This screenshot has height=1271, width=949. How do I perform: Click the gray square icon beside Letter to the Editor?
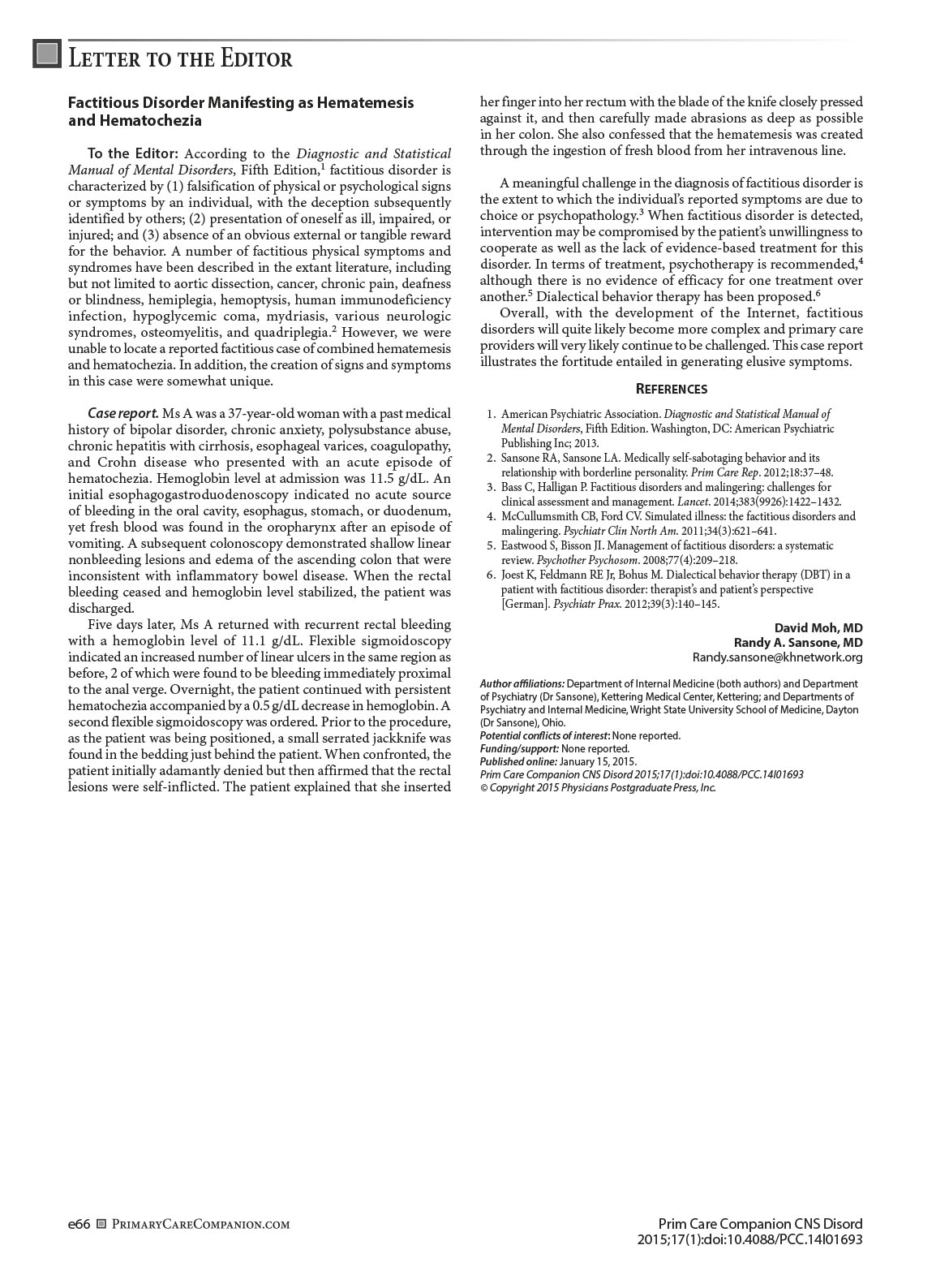coord(47,54)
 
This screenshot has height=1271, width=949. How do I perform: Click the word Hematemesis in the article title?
coord(364,103)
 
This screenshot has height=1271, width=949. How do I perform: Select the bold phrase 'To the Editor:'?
coord(133,153)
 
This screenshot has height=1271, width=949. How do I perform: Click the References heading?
coord(671,389)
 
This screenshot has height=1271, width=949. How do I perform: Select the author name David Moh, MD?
coord(818,627)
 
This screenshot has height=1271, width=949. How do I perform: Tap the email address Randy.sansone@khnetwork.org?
coord(777,657)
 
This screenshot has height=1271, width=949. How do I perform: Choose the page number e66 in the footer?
coord(79,1224)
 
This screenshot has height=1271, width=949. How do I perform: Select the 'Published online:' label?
coord(518,761)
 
